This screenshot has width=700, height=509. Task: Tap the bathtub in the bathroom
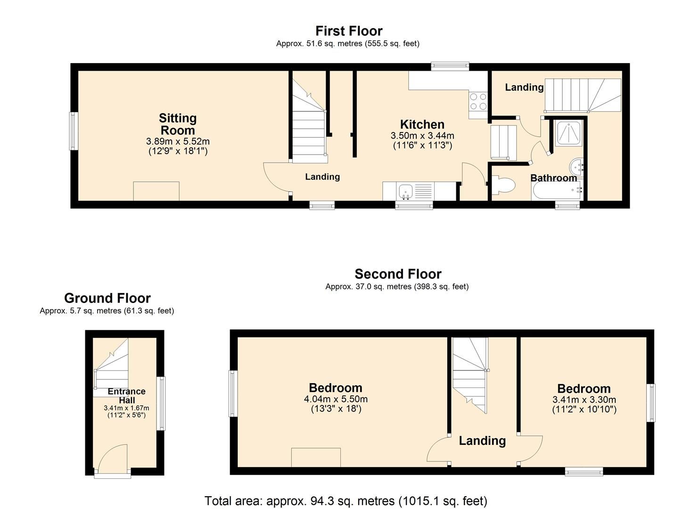pyautogui.click(x=556, y=190)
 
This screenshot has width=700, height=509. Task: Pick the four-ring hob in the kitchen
pyautogui.click(x=478, y=101)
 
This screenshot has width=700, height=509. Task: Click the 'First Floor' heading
pyautogui.click(x=349, y=31)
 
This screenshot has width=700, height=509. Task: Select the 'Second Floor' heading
pyautogui.click(x=398, y=274)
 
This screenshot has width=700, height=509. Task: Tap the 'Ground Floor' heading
pyautogui.click(x=107, y=298)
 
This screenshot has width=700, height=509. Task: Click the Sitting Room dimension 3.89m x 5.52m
pyautogui.click(x=178, y=141)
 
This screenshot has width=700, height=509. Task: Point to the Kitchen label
pyautogui.click(x=422, y=124)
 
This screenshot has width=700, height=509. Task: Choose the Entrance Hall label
pyautogui.click(x=126, y=395)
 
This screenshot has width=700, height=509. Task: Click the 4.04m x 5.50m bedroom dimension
pyautogui.click(x=336, y=399)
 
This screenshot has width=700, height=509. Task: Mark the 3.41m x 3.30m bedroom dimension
pyautogui.click(x=584, y=399)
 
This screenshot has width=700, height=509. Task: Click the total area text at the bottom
pyautogui.click(x=346, y=501)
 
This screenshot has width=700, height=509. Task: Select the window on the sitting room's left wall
pyautogui.click(x=74, y=131)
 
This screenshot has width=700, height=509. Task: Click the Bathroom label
pyautogui.click(x=553, y=178)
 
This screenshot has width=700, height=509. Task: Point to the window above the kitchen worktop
pyautogui.click(x=450, y=66)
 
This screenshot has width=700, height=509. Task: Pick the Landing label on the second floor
pyautogui.click(x=482, y=441)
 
